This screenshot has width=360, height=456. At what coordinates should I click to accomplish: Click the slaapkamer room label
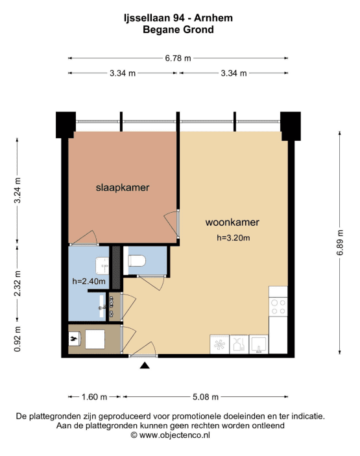tap(123, 187)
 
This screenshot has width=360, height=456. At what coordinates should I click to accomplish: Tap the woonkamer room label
tap(232, 222)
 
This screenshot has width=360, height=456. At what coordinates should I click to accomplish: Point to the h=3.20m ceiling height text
tap(234, 238)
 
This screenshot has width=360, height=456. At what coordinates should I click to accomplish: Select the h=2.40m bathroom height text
tap(89, 282)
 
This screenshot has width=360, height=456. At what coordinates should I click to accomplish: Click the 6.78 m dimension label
tap(178, 58)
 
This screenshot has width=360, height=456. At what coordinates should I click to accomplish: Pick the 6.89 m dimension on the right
tap(340, 243)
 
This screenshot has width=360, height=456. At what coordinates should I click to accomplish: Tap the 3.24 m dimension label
tap(18, 191)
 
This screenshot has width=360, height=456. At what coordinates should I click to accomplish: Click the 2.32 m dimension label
tap(18, 283)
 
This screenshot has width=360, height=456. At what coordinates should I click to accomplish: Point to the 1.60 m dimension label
tap(94, 397)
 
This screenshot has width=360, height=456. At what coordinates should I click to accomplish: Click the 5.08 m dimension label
tap(206, 397)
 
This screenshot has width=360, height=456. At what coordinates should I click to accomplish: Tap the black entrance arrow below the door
tap(145, 366)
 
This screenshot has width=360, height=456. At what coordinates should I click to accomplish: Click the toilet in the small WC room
tap(137, 261)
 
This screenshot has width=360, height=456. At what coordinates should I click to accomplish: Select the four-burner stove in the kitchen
tap(278, 307)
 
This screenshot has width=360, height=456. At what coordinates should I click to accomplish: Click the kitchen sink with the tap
tap(259, 344)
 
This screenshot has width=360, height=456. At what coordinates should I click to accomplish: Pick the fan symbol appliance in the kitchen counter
tap(219, 344)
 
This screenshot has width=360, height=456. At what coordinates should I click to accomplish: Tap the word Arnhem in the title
tap(213, 18)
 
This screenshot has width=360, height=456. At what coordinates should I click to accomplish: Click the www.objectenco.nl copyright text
tap(171, 435)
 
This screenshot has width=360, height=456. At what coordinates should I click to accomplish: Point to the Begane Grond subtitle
tap(178, 30)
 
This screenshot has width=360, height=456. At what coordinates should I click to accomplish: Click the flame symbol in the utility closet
tap(73, 339)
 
